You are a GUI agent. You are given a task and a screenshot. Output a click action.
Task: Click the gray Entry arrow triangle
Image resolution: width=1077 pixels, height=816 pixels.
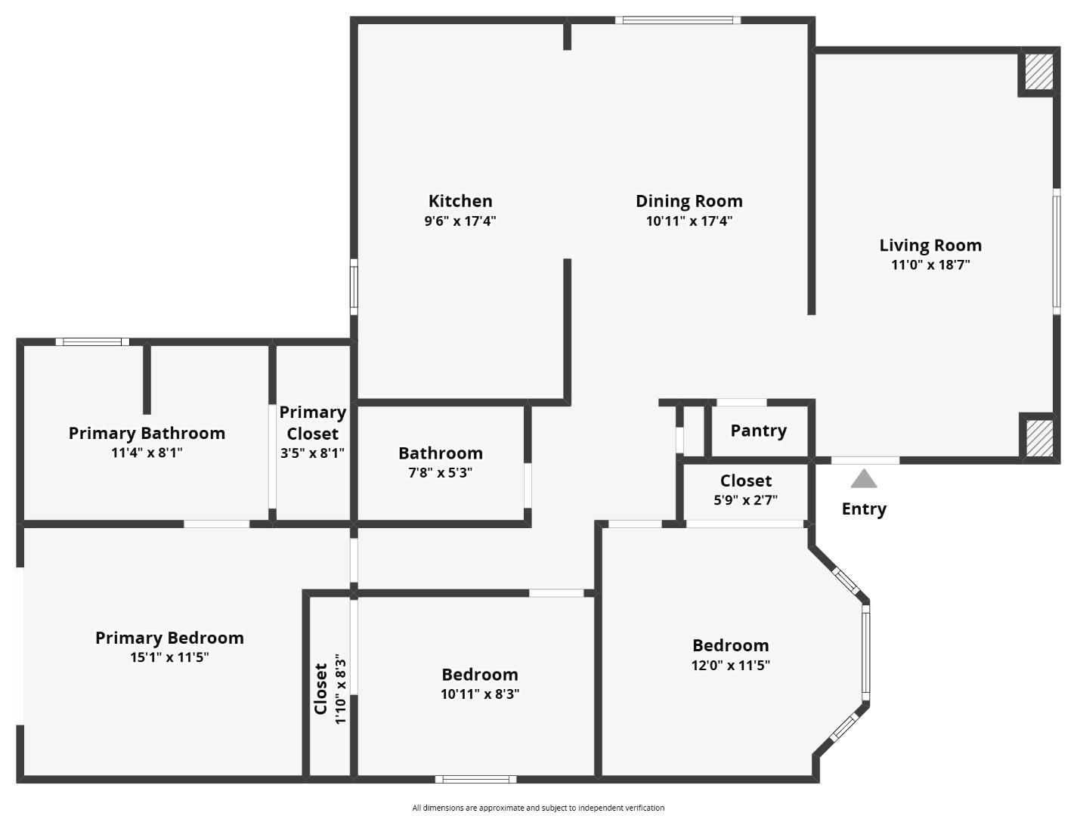pos(864,480)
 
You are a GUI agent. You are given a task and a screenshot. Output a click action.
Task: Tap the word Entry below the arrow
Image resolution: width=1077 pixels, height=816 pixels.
pos(864,509)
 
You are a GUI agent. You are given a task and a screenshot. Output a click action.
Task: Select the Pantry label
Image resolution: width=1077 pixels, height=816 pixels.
pos(758,431)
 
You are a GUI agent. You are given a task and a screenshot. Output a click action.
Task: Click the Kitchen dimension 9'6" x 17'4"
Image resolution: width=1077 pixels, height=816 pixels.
pos(460,221)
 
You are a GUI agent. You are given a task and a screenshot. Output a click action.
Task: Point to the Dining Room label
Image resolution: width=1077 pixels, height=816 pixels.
pos(689,201)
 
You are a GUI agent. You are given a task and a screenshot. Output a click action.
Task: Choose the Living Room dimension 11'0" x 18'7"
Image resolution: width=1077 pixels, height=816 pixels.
pos(930,265)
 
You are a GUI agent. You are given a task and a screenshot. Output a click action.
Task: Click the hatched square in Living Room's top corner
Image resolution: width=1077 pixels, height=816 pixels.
pos(1038,72)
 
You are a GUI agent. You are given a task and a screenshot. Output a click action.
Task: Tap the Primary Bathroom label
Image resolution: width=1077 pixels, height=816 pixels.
pos(147,433)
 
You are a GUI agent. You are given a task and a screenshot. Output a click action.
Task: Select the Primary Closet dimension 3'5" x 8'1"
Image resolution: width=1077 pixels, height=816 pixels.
pos(312,453)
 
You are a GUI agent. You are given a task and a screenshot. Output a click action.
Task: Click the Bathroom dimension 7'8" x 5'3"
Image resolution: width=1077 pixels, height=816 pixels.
pos(441,473)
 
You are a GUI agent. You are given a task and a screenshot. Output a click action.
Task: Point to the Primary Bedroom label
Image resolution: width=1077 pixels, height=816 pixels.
pos(169,638)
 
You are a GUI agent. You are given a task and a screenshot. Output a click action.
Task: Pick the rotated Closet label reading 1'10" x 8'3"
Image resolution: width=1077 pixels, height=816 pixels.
pos(330,689)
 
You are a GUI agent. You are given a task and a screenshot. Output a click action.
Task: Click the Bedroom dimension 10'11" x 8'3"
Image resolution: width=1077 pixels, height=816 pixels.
pos(480,694)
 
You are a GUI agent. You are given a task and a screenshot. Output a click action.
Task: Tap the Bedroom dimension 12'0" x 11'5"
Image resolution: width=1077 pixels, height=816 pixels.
pos(730,666)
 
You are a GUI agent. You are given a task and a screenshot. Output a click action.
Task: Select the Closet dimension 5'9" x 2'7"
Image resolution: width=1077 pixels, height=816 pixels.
pos(745,499)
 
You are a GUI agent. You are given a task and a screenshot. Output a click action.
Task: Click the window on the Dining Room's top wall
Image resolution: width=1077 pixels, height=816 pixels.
pos(677,20)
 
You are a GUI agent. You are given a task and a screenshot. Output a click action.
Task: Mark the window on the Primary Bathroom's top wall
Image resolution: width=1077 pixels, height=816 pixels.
pos(92,342)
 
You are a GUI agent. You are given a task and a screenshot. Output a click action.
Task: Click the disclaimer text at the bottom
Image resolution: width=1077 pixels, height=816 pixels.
pos(538,808)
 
